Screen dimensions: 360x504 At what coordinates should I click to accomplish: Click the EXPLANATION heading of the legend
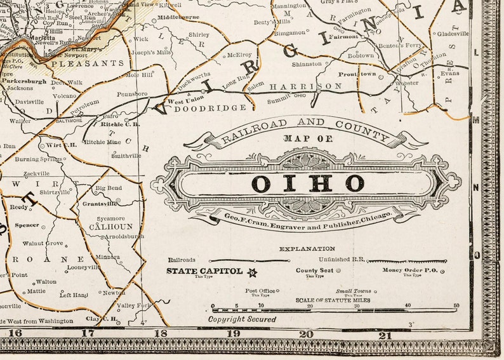[x=307, y=249]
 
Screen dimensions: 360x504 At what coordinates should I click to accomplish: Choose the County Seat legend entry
[x=315, y=270]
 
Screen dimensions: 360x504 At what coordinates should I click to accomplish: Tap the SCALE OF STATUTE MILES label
[x=333, y=300]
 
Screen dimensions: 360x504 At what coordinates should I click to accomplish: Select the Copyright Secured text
[x=242, y=319]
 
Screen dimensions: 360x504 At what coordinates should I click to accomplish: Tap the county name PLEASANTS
[x=88, y=63]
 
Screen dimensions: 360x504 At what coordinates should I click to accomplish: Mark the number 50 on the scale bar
[x=455, y=305]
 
